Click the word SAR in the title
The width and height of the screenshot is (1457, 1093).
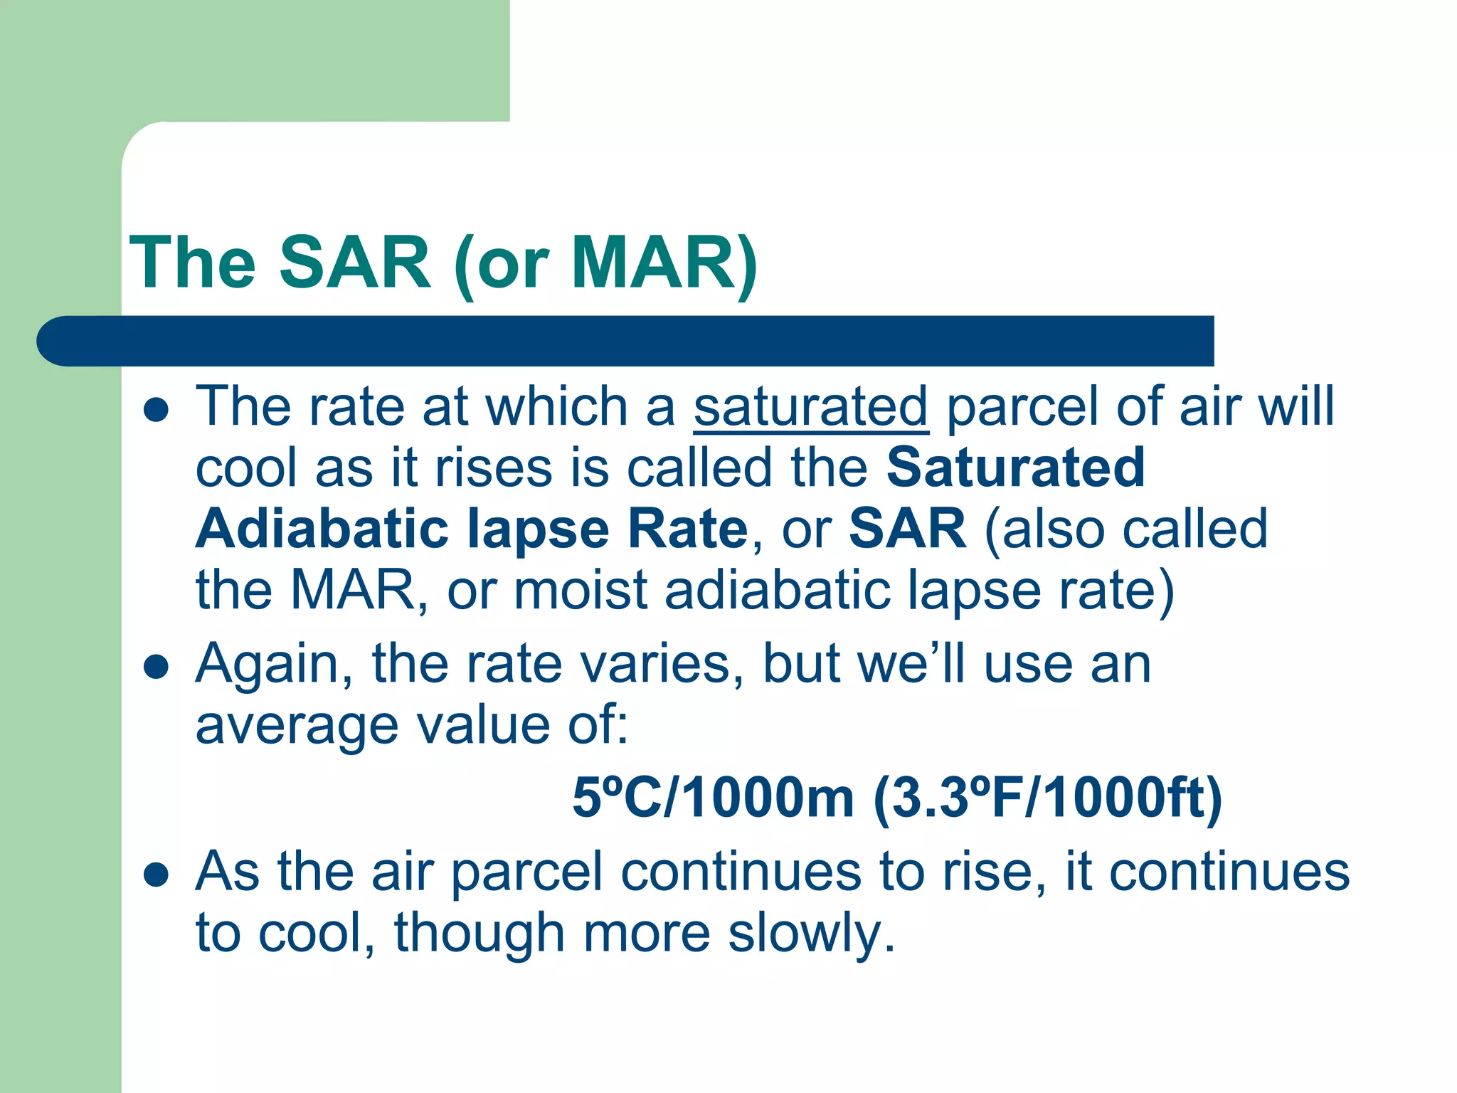pyautogui.click(x=354, y=263)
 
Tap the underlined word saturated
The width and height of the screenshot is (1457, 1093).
pyautogui.click(x=810, y=406)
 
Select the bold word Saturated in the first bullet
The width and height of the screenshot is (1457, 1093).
pyautogui.click(x=1015, y=468)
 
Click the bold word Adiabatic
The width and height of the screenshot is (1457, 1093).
pyautogui.click(x=322, y=529)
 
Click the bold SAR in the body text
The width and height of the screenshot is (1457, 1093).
pyautogui.click(x=907, y=529)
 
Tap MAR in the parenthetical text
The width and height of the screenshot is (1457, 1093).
pyautogui.click(x=353, y=591)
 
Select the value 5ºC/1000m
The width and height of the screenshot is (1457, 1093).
pyautogui.click(x=713, y=798)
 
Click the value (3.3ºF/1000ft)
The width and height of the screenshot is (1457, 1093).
pyautogui.click(x=1047, y=798)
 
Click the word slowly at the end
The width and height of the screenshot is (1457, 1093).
pyautogui.click(x=811, y=933)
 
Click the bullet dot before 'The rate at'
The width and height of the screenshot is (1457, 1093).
pyautogui.click(x=156, y=411)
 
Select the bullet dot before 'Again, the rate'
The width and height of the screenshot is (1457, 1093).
pyautogui.click(x=156, y=667)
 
